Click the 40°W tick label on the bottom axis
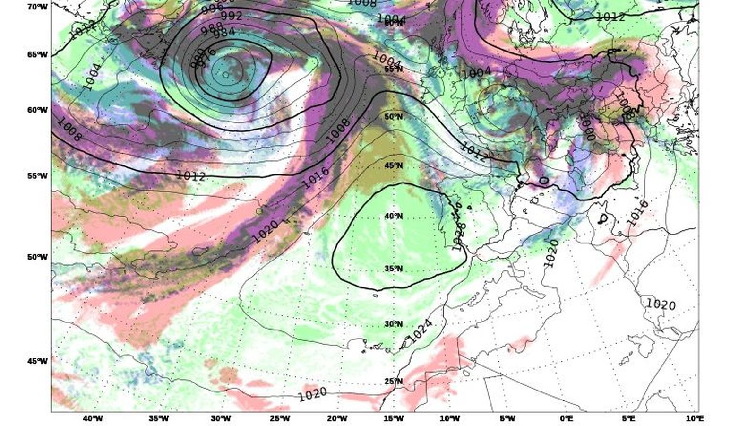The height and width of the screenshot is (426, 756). (x=93, y=418)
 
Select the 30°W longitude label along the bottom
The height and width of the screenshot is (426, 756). (x=220, y=418)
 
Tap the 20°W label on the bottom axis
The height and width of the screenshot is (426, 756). (x=337, y=418)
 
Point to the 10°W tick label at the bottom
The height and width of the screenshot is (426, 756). (x=449, y=418)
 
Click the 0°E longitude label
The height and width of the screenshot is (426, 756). (x=567, y=418)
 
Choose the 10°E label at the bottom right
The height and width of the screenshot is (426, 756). (x=694, y=418)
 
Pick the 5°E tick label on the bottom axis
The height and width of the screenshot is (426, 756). (x=628, y=418)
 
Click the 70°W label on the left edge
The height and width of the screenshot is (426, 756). (x=37, y=7)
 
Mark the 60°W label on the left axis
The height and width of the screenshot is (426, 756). (x=37, y=110)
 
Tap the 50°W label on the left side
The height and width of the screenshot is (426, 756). (x=37, y=257)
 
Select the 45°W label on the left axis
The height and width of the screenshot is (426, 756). (x=37, y=361)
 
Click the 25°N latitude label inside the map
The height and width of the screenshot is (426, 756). (x=393, y=381)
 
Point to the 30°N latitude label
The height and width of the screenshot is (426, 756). (x=393, y=324)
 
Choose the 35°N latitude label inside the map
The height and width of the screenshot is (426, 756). (x=393, y=269)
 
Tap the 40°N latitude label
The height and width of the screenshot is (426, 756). (x=393, y=216)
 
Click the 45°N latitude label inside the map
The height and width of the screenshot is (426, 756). (x=393, y=165)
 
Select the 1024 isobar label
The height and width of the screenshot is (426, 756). (x=420, y=330)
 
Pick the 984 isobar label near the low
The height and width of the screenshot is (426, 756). (x=224, y=34)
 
